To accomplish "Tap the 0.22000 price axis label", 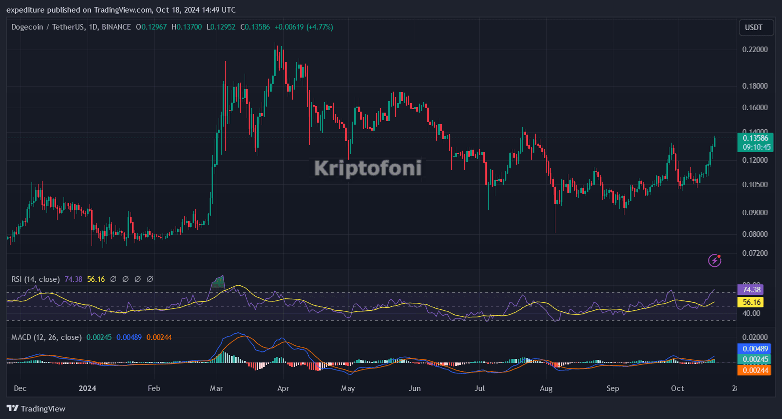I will coord(754,50).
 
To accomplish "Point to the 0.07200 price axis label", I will coord(754,253).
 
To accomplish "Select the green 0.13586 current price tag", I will coord(755,138).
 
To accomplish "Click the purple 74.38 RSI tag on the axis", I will coord(751,289).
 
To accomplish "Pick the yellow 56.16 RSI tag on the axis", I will coord(751,302).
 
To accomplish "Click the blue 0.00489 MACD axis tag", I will coord(754,348).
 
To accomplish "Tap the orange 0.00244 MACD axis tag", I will coord(754,370).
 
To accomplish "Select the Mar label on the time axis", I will coord(216,388).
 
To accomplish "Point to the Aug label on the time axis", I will coord(546,388).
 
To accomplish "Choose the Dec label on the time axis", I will coord(20,388).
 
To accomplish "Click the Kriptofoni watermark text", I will coord(368,168).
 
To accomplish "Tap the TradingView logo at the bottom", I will coord(36,408).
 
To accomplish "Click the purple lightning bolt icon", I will coord(714,260).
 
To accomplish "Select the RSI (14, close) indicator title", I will coord(36,279).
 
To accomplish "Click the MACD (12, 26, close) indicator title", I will coord(47,337).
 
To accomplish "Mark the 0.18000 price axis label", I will coord(754,86).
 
